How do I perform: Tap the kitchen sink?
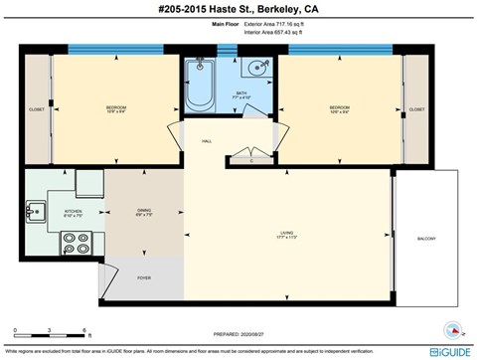click(37, 210)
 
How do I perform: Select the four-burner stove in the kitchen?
click(74, 242)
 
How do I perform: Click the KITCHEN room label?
click(73, 213)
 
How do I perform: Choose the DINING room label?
click(144, 211)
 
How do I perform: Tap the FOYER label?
click(144, 277)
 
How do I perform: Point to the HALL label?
click(208, 141)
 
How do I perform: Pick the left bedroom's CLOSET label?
click(37, 109)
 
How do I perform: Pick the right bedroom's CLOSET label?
click(416, 109)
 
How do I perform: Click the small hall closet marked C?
click(250, 159)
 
